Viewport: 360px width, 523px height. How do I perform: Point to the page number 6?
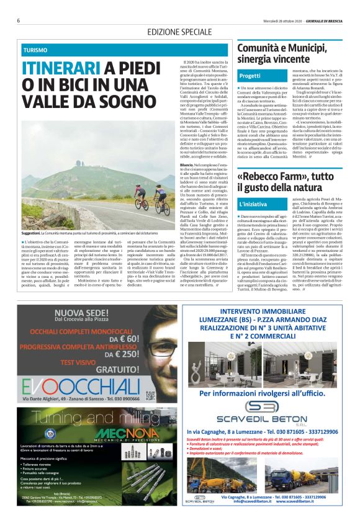tap(19, 20)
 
